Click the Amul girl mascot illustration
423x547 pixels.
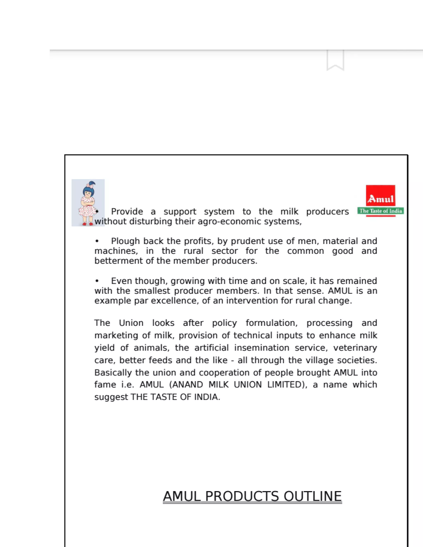(x=88, y=203)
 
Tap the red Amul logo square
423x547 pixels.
(x=380, y=196)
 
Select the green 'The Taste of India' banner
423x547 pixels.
(x=380, y=211)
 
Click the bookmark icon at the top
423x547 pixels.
(x=335, y=60)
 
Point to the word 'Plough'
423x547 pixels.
(x=125, y=241)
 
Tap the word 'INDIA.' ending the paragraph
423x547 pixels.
(x=207, y=397)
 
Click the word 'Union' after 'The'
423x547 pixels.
(x=131, y=323)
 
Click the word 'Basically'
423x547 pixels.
(x=113, y=373)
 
